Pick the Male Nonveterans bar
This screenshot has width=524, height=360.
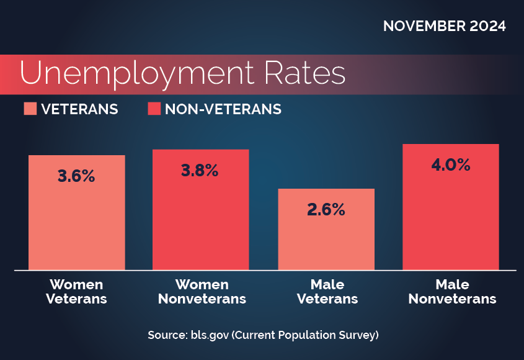451,217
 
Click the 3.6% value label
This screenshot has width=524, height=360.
76,176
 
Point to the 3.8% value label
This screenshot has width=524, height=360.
200,171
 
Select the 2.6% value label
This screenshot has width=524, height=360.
326,210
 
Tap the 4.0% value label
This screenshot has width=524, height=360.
451,165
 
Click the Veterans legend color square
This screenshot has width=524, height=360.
30,109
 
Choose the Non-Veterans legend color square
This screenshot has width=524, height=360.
154,109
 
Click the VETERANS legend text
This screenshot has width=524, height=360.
79,110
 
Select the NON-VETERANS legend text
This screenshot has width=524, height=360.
223,110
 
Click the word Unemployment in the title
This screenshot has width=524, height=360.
136,73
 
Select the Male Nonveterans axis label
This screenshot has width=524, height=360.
452,292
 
